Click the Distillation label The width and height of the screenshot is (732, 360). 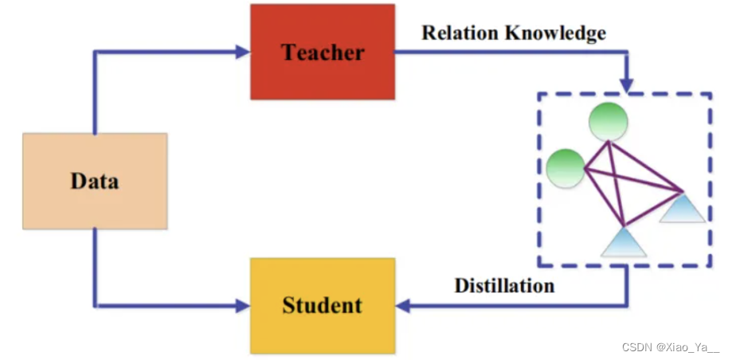pos(504,285)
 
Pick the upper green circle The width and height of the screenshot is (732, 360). pos(608,122)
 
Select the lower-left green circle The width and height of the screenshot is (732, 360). pos(566,168)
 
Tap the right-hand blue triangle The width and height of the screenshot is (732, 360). pos(682,209)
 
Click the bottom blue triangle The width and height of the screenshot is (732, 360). pos(623,242)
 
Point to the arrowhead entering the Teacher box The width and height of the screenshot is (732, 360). pos(243,53)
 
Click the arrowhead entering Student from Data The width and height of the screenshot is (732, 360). pos(243,305)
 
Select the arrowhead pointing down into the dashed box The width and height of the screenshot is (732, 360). pos(627,85)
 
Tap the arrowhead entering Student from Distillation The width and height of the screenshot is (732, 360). pos(403,305)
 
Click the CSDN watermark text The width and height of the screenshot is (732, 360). pos(636,348)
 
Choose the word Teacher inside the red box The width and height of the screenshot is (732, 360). pos(322,53)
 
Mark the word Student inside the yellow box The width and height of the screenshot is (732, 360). pos(322,305)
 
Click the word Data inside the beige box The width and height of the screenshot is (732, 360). pos(95,181)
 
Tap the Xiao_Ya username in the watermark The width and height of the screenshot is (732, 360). pos(688,348)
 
